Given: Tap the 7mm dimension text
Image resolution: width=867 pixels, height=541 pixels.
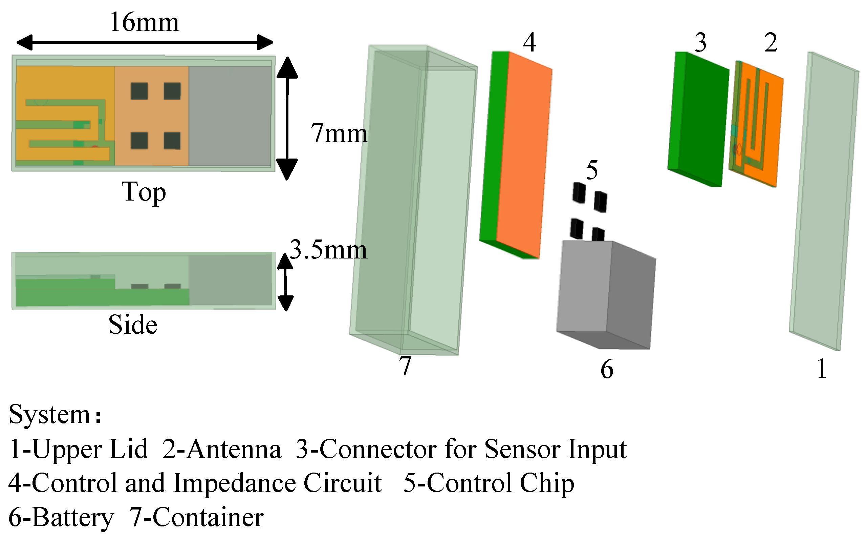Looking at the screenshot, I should tap(339, 133).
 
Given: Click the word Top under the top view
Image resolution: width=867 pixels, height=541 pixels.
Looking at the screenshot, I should tap(144, 192).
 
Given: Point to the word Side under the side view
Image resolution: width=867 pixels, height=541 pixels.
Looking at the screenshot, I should tap(133, 325).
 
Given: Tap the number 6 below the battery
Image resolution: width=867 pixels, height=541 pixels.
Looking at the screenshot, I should tap(607, 369).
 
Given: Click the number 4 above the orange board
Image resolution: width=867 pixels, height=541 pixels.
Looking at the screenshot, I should tap(529, 42).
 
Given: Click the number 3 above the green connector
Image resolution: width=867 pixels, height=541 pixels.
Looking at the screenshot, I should tap(700, 43).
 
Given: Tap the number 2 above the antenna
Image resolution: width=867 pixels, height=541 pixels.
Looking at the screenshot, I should tap(771, 43).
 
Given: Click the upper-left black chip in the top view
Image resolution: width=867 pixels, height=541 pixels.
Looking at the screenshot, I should tap(139, 91).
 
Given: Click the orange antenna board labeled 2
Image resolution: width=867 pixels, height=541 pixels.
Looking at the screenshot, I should tap(758, 123).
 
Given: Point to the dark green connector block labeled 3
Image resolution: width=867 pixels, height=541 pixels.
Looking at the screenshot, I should tap(699, 120).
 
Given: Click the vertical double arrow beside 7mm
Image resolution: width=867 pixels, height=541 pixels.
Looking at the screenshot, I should tap(287, 118).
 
